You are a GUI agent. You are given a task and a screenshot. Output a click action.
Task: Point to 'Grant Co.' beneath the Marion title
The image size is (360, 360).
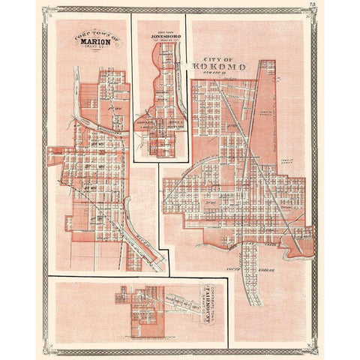tap(94, 49)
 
